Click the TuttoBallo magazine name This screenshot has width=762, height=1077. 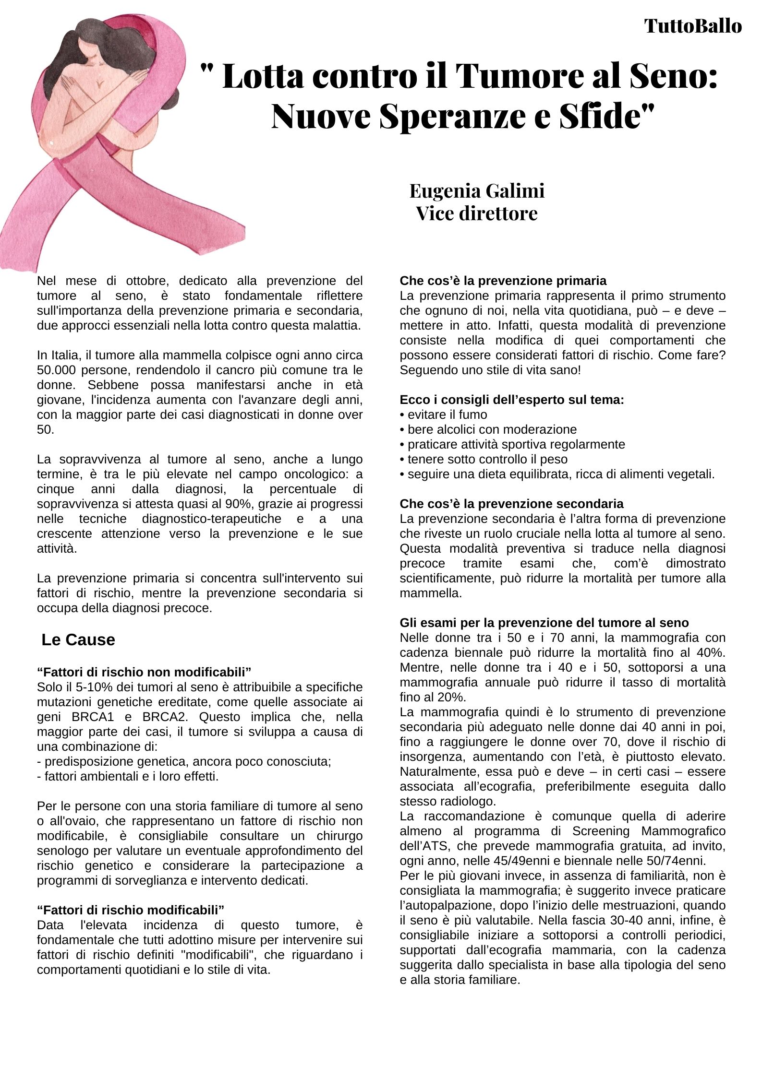(x=693, y=26)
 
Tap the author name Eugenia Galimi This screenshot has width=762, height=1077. (x=476, y=190)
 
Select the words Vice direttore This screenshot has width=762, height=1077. (x=476, y=213)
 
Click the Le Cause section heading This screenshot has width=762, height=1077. (x=78, y=639)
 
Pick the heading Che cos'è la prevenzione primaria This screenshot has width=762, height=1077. (x=503, y=281)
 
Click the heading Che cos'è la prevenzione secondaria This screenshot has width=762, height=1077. (x=511, y=504)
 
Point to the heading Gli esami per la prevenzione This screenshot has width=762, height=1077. (x=544, y=623)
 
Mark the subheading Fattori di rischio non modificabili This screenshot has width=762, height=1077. (x=144, y=671)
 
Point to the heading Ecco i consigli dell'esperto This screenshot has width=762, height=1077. (x=511, y=400)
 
